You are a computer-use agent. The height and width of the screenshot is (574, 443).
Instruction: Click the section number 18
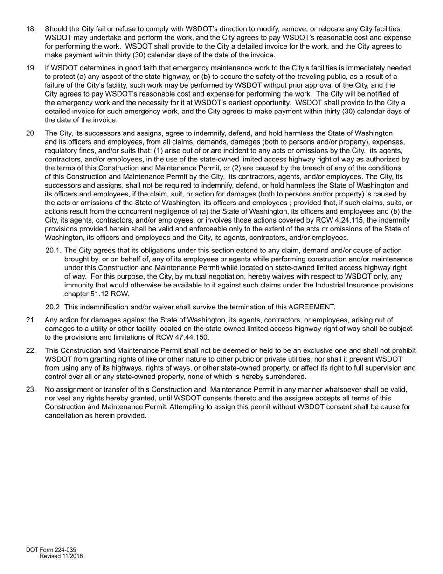coord(31,29)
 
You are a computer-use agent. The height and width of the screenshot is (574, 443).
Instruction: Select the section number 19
coord(31,68)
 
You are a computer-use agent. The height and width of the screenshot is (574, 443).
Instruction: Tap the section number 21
coord(31,320)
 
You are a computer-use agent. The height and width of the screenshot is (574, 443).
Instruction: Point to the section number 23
coord(31,390)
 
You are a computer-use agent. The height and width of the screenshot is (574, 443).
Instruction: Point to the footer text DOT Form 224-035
coord(51,550)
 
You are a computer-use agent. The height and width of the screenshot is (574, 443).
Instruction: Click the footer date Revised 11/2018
coord(61,556)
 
